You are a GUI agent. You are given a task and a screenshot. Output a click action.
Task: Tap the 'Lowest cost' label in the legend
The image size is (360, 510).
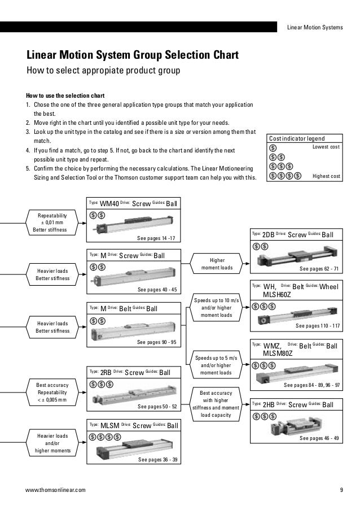326,147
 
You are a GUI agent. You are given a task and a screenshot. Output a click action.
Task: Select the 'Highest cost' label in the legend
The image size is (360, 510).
326,176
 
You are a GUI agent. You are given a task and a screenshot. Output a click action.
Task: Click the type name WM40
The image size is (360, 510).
109,204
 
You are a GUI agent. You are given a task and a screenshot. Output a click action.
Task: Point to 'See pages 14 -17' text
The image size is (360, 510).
156,238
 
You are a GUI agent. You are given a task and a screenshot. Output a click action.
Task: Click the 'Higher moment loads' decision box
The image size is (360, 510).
217,264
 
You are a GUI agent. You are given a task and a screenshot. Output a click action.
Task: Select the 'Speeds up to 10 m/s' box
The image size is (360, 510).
217,307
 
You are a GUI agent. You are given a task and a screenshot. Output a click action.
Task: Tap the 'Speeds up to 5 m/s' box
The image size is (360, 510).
217,365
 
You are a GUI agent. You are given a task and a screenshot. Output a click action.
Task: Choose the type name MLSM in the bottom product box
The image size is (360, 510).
109,425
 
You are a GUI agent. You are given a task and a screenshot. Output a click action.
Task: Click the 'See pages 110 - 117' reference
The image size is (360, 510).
318,326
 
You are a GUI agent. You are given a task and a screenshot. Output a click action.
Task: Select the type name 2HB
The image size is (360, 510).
269,405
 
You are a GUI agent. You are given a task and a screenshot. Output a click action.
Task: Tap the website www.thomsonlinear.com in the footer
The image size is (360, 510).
56,490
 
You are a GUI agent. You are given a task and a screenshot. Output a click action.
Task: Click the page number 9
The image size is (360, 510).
341,490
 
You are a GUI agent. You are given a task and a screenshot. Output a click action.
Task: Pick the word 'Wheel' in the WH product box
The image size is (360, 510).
330,287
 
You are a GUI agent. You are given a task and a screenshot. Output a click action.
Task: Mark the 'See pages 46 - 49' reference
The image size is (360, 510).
320,438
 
